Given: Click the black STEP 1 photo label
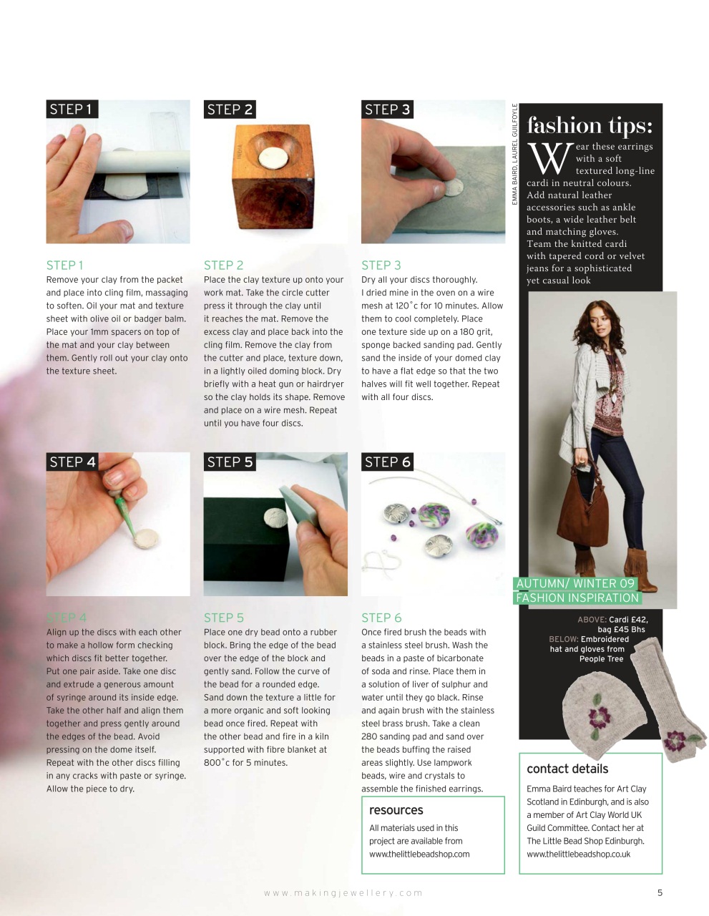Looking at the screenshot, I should click(x=72, y=109).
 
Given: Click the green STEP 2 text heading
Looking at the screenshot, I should click(x=223, y=265).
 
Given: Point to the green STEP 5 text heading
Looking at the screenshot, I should click(x=223, y=618).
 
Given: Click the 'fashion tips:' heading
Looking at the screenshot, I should click(x=590, y=126).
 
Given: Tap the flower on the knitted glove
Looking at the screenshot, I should click(x=676, y=741).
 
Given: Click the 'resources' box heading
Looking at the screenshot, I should click(x=396, y=810).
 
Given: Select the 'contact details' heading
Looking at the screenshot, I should click(x=567, y=769).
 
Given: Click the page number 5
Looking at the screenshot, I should click(x=660, y=892).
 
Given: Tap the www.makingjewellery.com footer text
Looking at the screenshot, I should click(x=343, y=892).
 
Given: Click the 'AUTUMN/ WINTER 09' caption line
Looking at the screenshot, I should click(x=575, y=583).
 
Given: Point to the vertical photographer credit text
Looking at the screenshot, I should click(x=514, y=155).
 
